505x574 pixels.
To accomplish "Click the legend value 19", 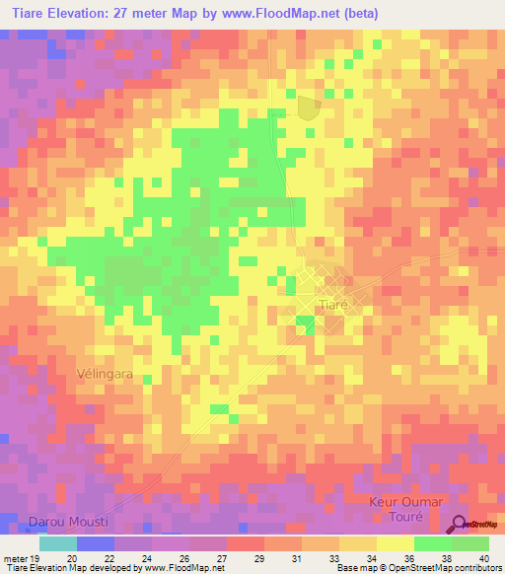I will (35, 557).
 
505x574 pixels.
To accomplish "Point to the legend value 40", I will (483, 557).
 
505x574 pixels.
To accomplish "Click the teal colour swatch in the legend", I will (58, 542).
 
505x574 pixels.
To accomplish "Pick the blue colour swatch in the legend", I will (96, 542).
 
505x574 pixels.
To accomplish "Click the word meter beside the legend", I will (14, 557).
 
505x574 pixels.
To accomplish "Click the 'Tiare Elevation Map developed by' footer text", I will (69, 568).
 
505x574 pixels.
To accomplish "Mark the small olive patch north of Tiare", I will (309, 108).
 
